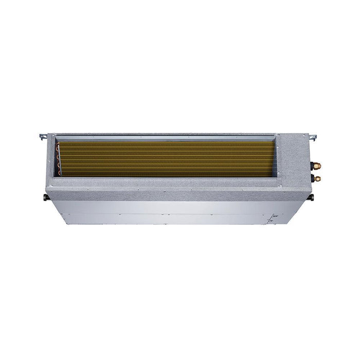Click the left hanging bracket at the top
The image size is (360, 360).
coord(43,137)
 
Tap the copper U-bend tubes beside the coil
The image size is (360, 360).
coord(63,160)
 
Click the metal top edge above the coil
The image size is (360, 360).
coord(170,136)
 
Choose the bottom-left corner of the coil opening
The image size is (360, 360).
coord(59,178)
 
